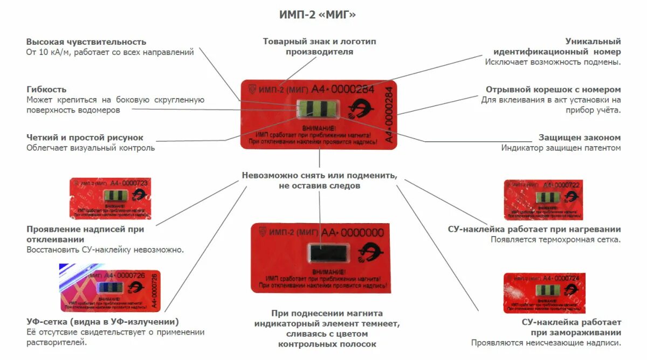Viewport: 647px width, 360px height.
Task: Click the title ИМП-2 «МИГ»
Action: coord(318,15)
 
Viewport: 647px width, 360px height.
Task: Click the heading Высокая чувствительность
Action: coord(86,41)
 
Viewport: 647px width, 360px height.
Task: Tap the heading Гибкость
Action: coord(46,89)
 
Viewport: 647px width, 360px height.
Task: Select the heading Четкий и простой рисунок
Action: coord(85,137)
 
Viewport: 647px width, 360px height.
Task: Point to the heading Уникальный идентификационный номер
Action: coord(557,46)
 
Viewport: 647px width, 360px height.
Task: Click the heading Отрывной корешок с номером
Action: coord(553,89)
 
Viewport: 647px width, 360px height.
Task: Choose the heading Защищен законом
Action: coord(580,137)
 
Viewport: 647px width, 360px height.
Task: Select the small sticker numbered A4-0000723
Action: coord(110,198)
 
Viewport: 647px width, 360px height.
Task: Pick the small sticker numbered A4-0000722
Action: coord(544,199)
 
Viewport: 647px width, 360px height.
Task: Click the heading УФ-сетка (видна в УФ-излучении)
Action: coord(102,322)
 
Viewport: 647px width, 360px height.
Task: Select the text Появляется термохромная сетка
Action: coord(555,239)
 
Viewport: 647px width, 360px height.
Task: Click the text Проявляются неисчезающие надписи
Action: coord(546,342)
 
